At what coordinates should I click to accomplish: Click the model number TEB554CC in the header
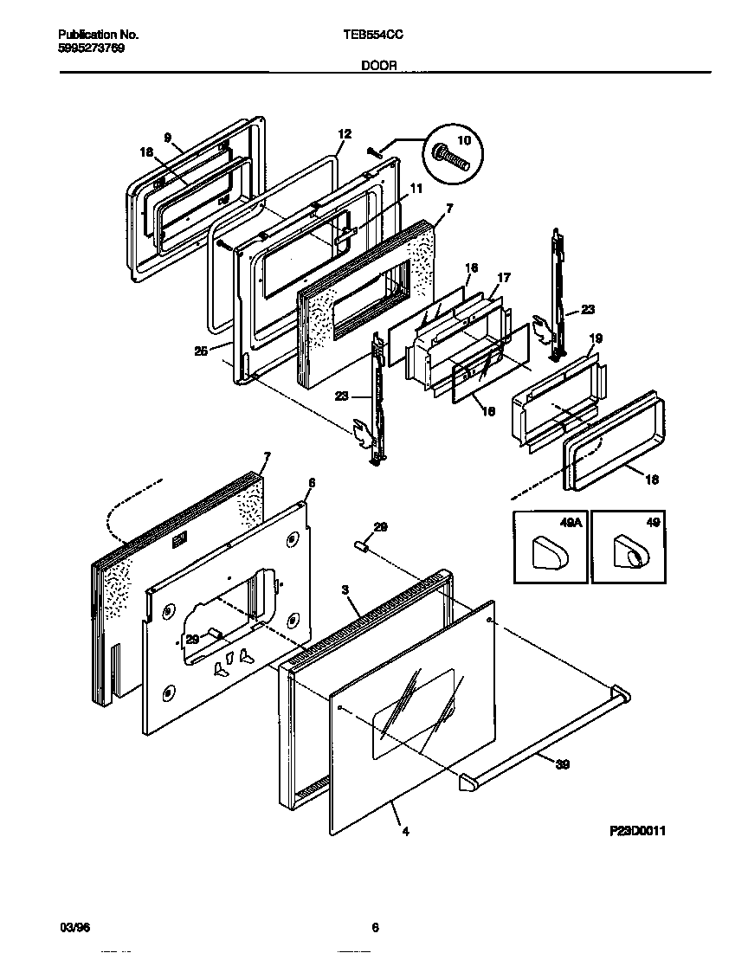coord(374,35)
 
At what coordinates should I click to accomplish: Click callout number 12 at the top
coord(345,134)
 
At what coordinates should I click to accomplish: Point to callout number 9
coord(168,137)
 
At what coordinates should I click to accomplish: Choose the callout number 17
coord(503,278)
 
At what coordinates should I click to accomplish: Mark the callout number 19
coord(596,338)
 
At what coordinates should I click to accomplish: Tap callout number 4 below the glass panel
coord(405,832)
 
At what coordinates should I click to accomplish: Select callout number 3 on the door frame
coord(345,590)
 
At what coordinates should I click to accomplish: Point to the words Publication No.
coord(99,35)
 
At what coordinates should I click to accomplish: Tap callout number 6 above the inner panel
coord(312,482)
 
